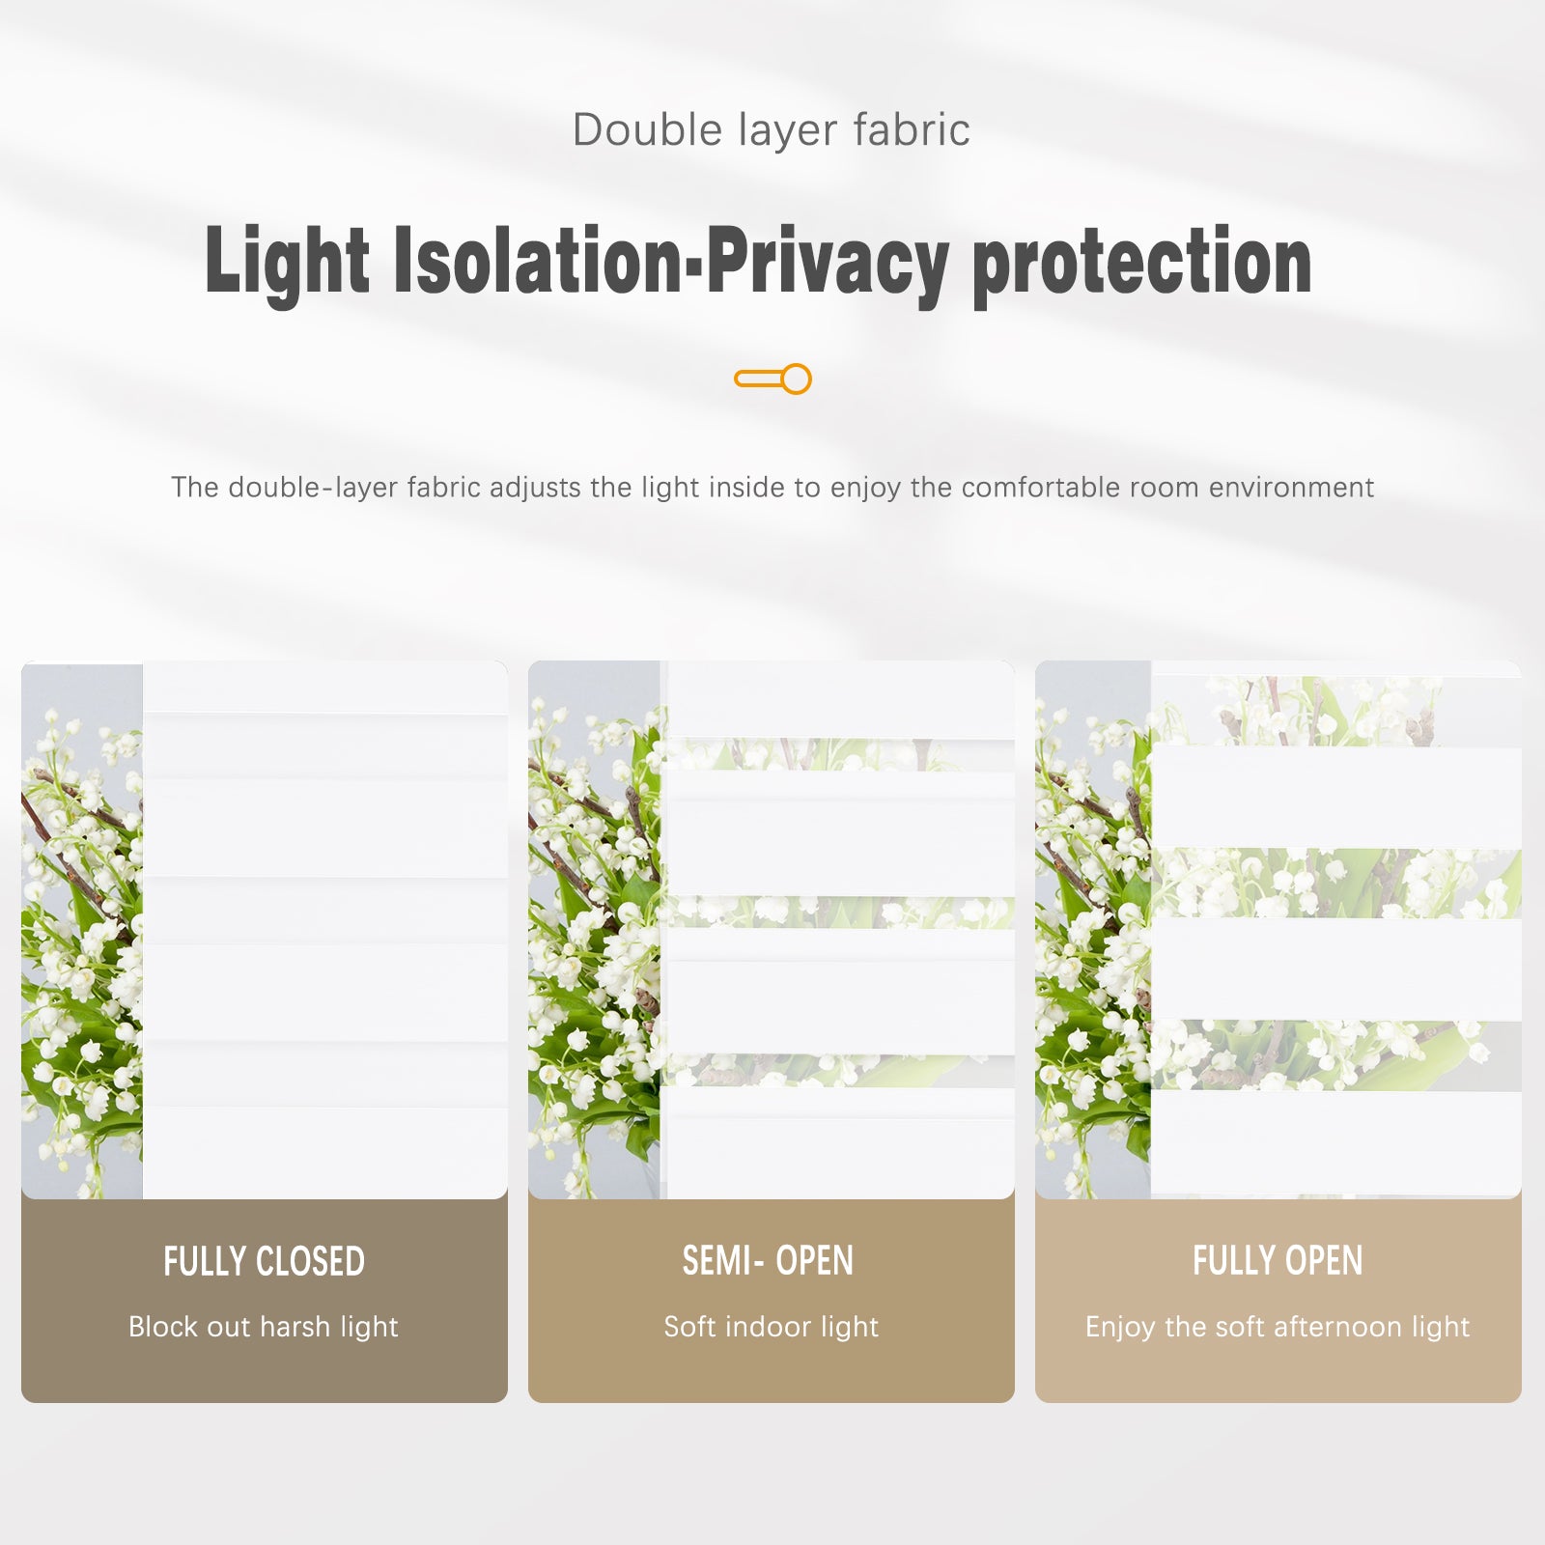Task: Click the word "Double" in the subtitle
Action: (647, 130)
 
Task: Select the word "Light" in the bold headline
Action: (287, 261)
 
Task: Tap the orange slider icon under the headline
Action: (772, 379)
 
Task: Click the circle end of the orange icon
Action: (796, 379)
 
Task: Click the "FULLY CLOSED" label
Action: (264, 1262)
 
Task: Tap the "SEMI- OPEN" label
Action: (768, 1261)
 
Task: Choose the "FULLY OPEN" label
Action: (1278, 1261)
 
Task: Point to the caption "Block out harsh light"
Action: (264, 1327)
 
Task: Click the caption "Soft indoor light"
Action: (771, 1327)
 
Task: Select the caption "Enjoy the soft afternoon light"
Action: (1278, 1327)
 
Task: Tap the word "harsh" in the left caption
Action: (295, 1327)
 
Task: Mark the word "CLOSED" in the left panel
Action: (310, 1262)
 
